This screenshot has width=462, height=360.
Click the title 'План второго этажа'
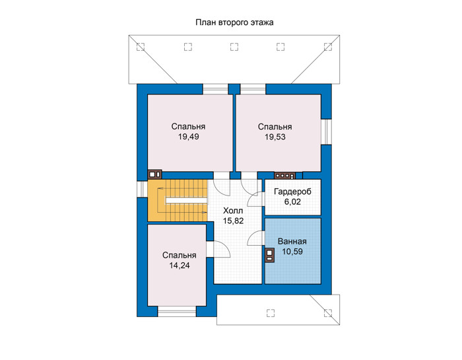[x=234, y=22]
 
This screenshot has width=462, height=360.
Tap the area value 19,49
[x=189, y=137]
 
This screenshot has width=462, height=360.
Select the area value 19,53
[x=275, y=137]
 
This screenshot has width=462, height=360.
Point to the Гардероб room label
[x=292, y=192]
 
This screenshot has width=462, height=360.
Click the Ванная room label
[x=292, y=242]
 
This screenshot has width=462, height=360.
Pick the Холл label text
[x=233, y=211]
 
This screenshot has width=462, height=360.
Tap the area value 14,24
[x=180, y=266]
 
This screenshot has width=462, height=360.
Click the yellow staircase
[x=178, y=201]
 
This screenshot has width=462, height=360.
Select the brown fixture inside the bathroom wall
[x=270, y=255]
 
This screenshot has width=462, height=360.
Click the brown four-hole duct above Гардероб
[x=284, y=176]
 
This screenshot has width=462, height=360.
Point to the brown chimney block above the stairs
[x=154, y=174]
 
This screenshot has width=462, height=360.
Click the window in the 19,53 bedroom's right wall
[x=326, y=132]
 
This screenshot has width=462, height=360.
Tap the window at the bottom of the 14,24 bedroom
[x=177, y=311]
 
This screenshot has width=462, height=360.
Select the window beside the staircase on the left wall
[x=142, y=189]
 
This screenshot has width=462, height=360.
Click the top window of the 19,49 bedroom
[x=216, y=89]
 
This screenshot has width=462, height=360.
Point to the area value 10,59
[x=292, y=252]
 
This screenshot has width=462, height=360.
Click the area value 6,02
[x=292, y=202]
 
